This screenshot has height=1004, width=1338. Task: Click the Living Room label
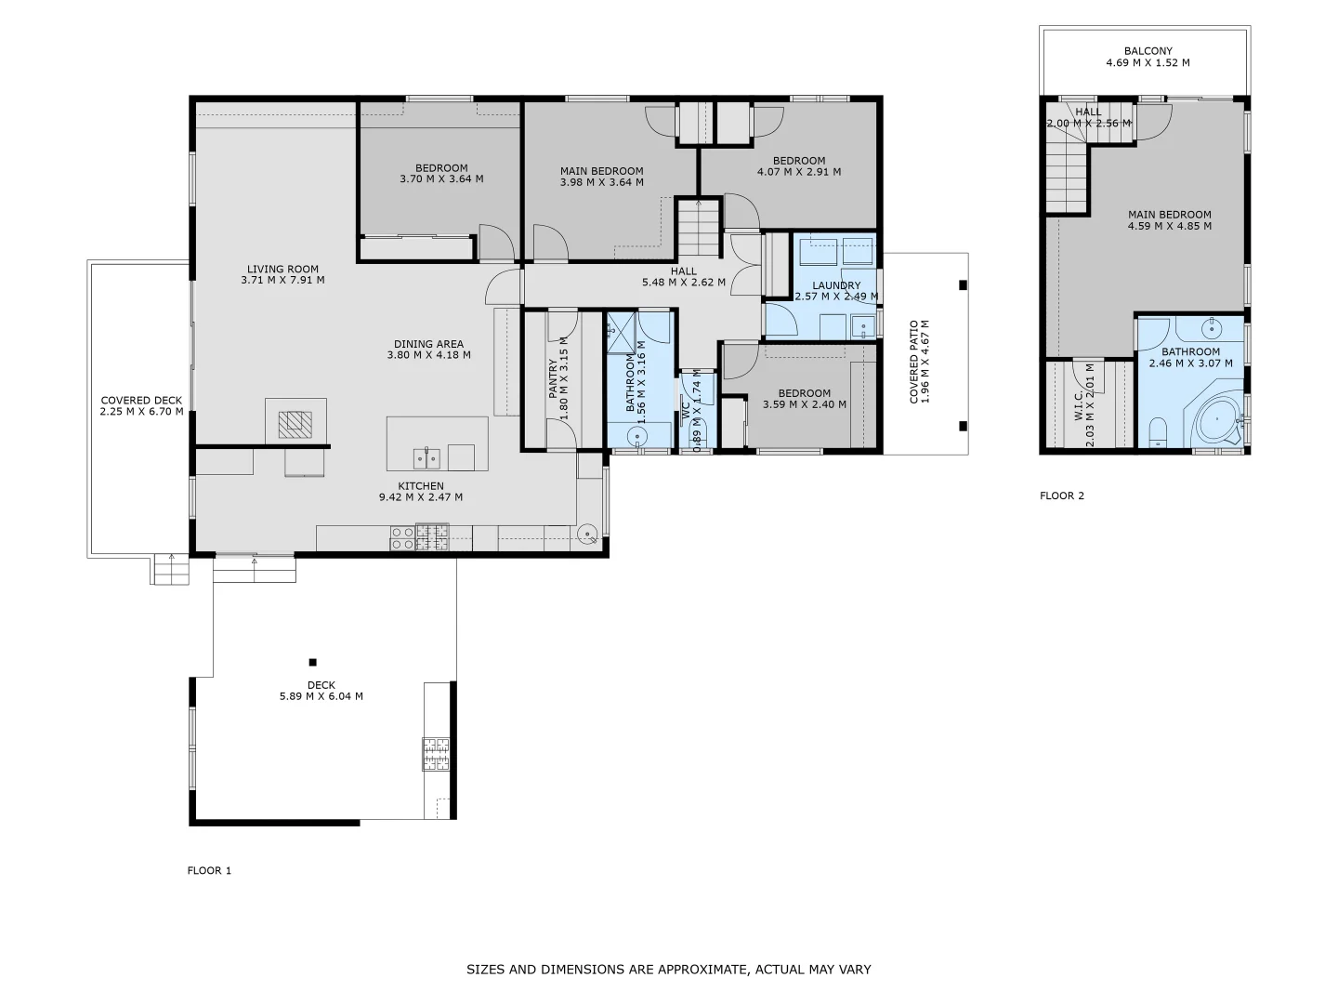(x=282, y=270)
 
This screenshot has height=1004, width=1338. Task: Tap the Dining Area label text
(x=428, y=344)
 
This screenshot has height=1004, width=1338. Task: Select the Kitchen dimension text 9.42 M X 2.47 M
(x=420, y=497)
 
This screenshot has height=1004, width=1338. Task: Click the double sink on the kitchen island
(x=426, y=457)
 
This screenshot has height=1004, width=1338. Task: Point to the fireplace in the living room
(x=296, y=424)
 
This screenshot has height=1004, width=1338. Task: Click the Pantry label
(x=553, y=379)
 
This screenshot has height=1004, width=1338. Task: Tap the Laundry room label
(x=836, y=285)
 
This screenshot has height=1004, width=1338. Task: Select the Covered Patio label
(x=914, y=363)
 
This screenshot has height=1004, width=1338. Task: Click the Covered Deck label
(x=142, y=401)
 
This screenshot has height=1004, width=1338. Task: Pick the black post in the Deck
(x=313, y=662)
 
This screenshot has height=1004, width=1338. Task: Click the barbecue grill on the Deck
(x=436, y=753)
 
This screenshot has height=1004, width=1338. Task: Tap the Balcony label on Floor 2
(x=1148, y=51)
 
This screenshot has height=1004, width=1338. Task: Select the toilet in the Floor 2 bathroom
(x=1158, y=431)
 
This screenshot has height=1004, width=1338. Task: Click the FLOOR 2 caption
(x=1062, y=495)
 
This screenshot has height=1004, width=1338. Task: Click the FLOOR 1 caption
(x=209, y=871)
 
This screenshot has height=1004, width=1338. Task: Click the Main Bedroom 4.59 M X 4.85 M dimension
(x=1170, y=226)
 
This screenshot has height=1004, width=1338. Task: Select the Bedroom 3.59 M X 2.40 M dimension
(x=805, y=404)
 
